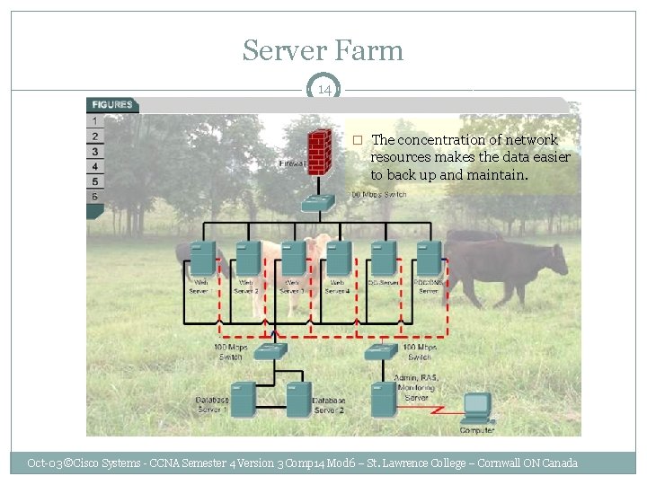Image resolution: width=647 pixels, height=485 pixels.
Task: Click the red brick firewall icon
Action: tap(317, 153)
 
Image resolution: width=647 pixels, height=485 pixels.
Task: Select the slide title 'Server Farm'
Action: tap(323, 50)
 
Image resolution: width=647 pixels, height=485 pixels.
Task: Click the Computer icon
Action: tap(476, 409)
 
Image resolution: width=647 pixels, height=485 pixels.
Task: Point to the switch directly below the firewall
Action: tap(317, 204)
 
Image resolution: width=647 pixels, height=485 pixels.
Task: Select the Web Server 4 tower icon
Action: tap(338, 259)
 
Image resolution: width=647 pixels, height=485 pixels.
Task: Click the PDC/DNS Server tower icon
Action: tap(429, 259)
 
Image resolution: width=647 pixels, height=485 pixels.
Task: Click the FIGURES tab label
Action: tap(111, 104)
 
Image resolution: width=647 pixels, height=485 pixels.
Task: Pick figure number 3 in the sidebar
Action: tap(94, 152)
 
